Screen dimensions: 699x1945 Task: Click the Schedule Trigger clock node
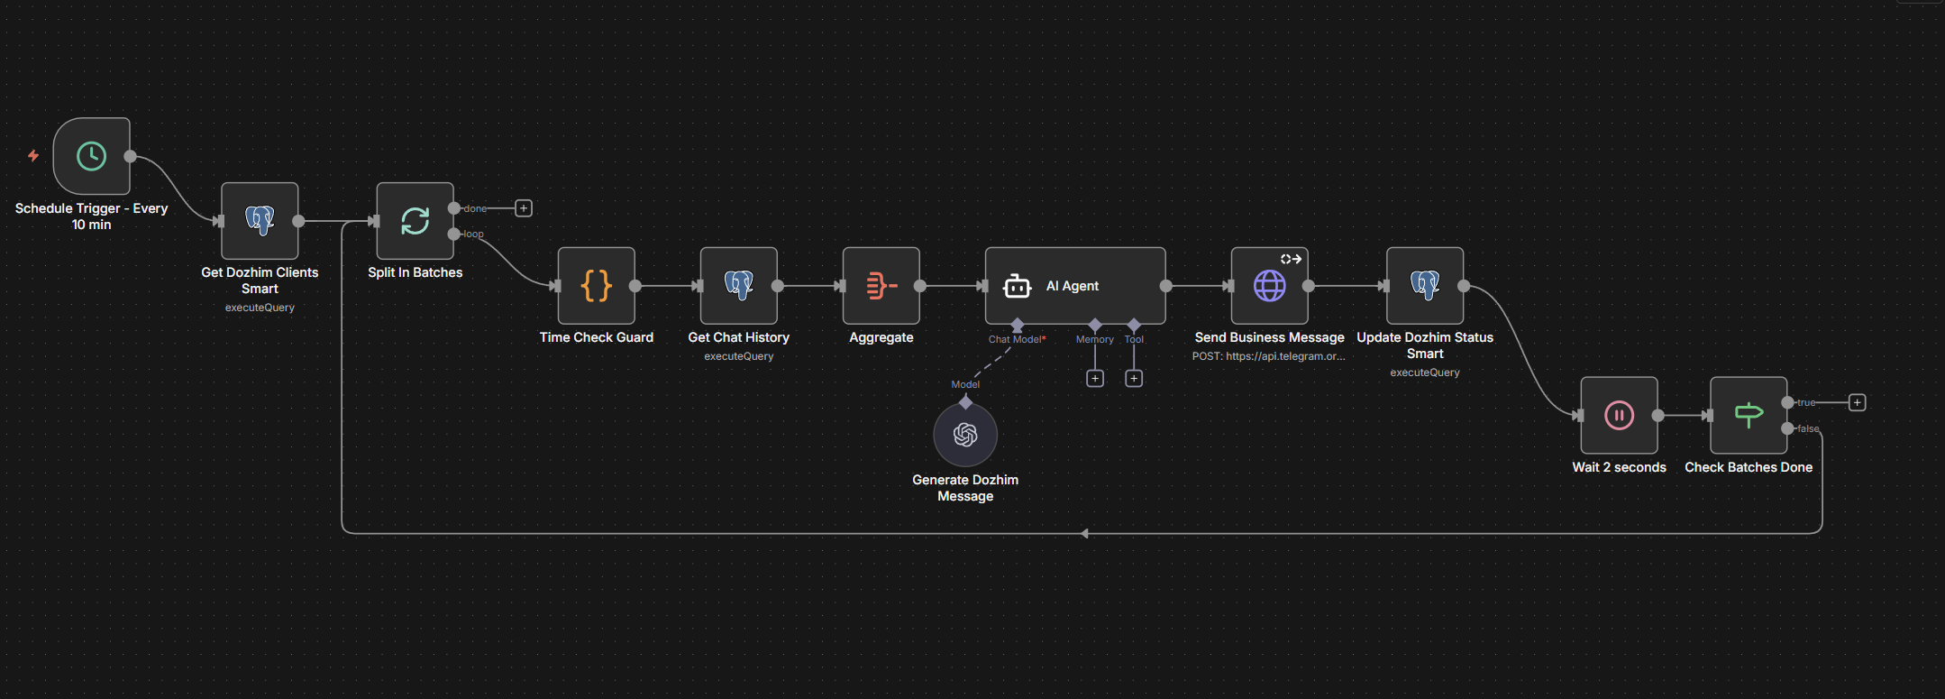[x=91, y=156]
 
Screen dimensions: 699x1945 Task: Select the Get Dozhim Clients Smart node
[x=260, y=221]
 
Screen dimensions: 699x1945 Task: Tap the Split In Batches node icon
[x=415, y=221]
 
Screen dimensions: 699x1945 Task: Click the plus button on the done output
[x=524, y=208]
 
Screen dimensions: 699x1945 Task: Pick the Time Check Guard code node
[x=596, y=286]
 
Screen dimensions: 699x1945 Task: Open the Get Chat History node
[x=738, y=286]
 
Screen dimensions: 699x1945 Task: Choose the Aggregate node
[x=881, y=286]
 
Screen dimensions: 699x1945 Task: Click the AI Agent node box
[x=1074, y=286]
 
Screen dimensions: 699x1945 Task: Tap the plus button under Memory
[x=1095, y=379]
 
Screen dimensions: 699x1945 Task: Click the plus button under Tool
[x=1134, y=379]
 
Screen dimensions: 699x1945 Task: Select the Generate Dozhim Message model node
[x=965, y=435]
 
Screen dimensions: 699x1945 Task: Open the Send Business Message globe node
[x=1269, y=286]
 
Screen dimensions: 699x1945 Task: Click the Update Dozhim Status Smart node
[x=1424, y=286]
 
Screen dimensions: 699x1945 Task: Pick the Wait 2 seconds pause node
[x=1619, y=416]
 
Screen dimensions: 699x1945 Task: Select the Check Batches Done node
[x=1749, y=416]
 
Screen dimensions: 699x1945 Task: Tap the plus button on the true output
[x=1858, y=402]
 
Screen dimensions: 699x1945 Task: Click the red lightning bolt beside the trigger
[x=33, y=156]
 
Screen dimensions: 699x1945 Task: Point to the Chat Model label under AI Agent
[x=1017, y=340]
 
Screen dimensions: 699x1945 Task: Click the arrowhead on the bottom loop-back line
[x=1085, y=534]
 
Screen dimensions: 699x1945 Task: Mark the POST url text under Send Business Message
[x=1268, y=356]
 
